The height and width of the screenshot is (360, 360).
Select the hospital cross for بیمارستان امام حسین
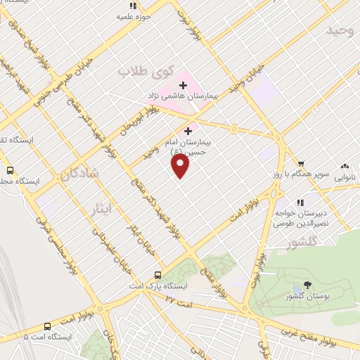(x=188, y=131)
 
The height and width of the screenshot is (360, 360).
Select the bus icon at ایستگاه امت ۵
(x=47, y=326)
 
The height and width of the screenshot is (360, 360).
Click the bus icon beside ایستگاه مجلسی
(x=10, y=170)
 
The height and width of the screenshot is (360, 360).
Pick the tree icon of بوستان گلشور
(x=307, y=285)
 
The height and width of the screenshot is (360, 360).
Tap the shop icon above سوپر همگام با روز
(x=301, y=163)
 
